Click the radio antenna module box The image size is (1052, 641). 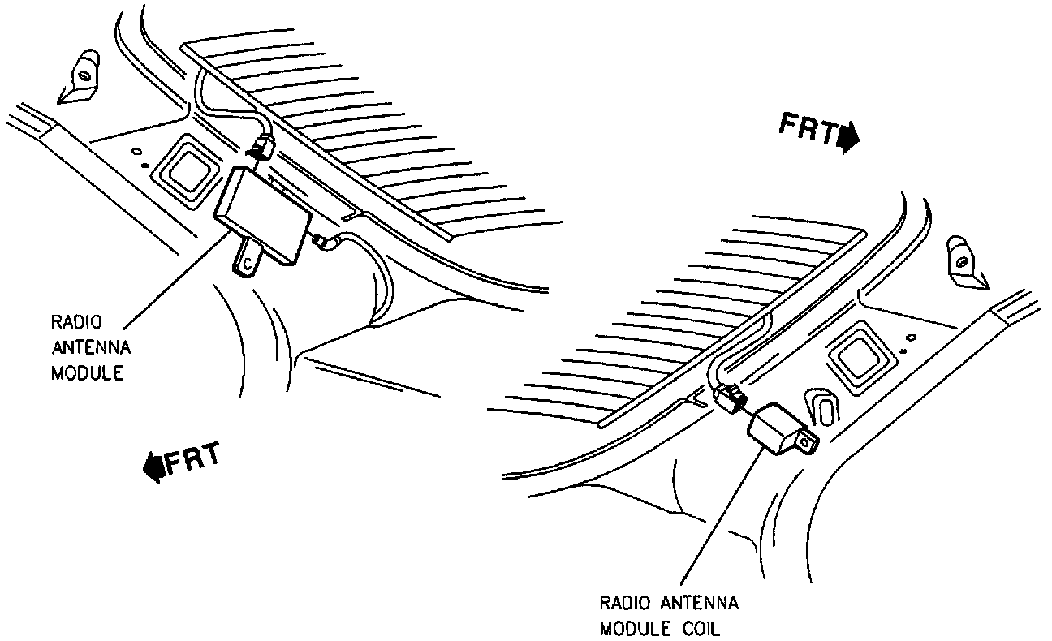pos(261,212)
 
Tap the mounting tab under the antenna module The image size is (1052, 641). pos(247,260)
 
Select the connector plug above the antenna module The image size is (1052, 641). pos(261,149)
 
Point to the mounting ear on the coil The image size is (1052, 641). pos(806,441)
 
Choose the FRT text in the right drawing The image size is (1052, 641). pos(808,128)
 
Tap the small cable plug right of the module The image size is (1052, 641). pos(325,240)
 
